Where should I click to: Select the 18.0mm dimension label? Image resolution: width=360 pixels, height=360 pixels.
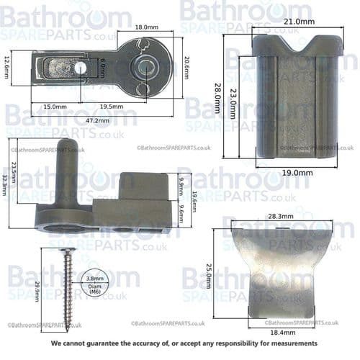[147, 27]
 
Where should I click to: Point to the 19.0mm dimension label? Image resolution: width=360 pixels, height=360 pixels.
[297, 173]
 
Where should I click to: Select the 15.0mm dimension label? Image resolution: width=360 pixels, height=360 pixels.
[55, 107]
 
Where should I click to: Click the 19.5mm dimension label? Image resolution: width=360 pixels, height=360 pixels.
[110, 107]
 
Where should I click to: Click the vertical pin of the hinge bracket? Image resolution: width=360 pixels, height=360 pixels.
[63, 173]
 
